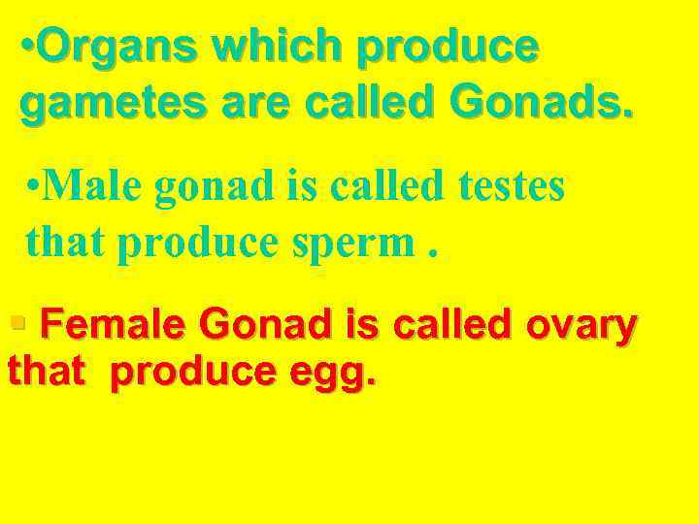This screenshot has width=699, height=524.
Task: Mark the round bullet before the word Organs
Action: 28,47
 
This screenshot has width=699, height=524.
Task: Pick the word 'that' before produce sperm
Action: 66,243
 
